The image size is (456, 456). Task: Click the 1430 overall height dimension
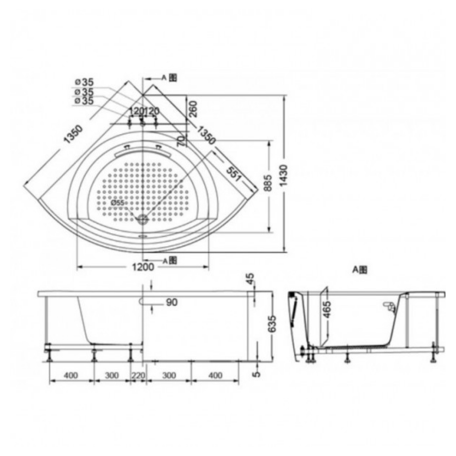(x=284, y=174)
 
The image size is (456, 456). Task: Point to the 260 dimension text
(x=192, y=109)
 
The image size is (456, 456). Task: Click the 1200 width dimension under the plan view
(x=143, y=268)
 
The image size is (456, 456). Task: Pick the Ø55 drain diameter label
(x=117, y=202)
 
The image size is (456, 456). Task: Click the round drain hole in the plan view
(x=143, y=219)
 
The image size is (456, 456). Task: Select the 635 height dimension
(x=273, y=323)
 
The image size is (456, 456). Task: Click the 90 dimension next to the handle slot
(x=171, y=302)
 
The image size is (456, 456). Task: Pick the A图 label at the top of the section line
(x=169, y=78)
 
